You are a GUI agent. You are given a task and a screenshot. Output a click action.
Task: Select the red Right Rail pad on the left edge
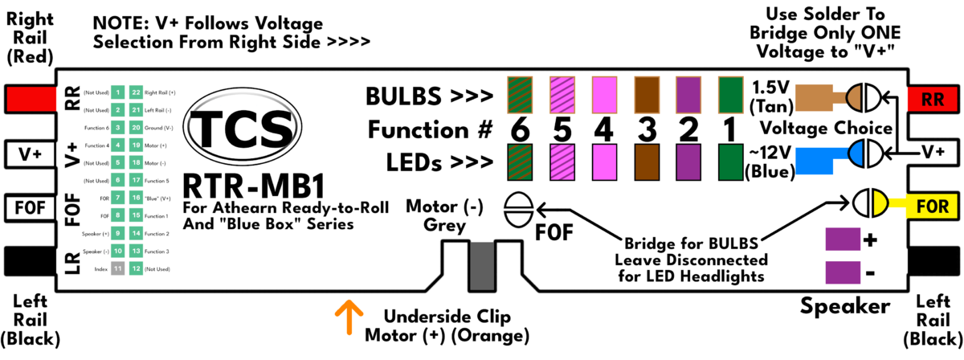point(27,99)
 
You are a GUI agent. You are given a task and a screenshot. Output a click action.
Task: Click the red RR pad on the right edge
point(933,99)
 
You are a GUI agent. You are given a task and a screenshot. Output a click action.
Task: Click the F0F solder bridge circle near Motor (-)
point(518,211)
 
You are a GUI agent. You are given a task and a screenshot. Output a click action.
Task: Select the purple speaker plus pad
point(842,239)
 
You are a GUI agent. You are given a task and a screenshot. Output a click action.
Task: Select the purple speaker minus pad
point(842,272)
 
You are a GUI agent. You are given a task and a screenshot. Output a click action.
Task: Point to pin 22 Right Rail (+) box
point(136,92)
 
